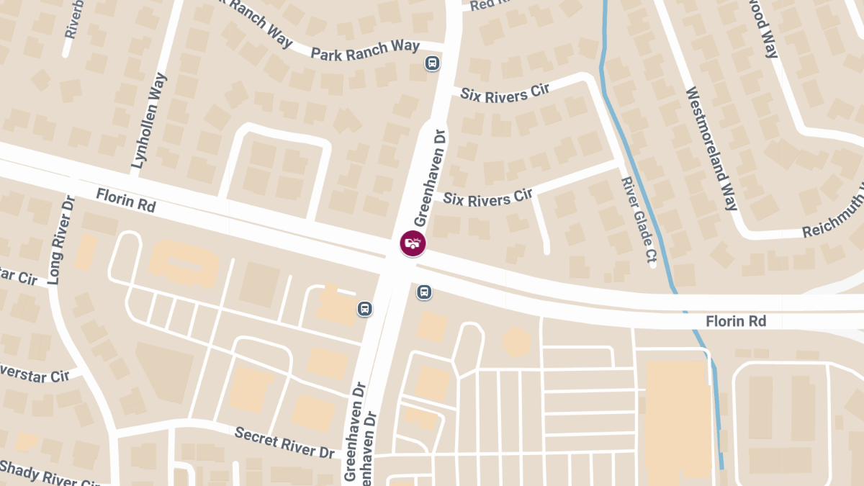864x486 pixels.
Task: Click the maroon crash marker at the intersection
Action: (413, 243)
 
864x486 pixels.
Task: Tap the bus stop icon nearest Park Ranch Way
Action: (431, 63)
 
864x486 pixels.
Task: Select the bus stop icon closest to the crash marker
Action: (424, 292)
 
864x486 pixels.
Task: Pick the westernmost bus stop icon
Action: (365, 309)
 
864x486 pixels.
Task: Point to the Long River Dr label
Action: (60, 240)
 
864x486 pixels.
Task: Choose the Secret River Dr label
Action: (285, 442)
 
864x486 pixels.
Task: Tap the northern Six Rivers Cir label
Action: (505, 93)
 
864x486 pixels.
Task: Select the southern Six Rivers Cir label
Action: (487, 199)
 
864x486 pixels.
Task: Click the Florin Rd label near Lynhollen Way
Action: (126, 199)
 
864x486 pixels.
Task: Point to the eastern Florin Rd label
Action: (735, 320)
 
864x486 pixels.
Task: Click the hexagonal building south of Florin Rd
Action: (516, 341)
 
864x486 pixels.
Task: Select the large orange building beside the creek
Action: (677, 418)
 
